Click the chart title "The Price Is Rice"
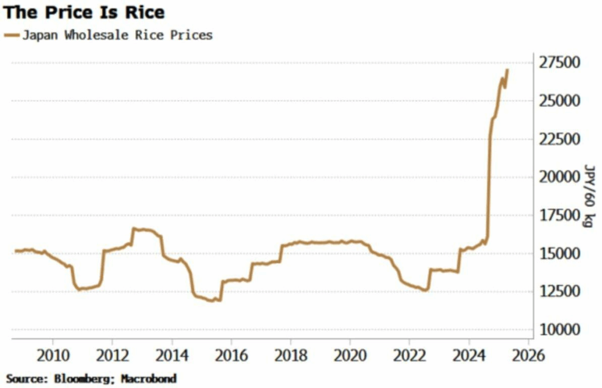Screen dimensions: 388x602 coord(83,12)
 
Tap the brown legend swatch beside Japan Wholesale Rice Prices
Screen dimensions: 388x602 coord(11,35)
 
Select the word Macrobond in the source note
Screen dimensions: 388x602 coord(149,378)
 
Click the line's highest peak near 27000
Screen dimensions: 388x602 coord(507,70)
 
